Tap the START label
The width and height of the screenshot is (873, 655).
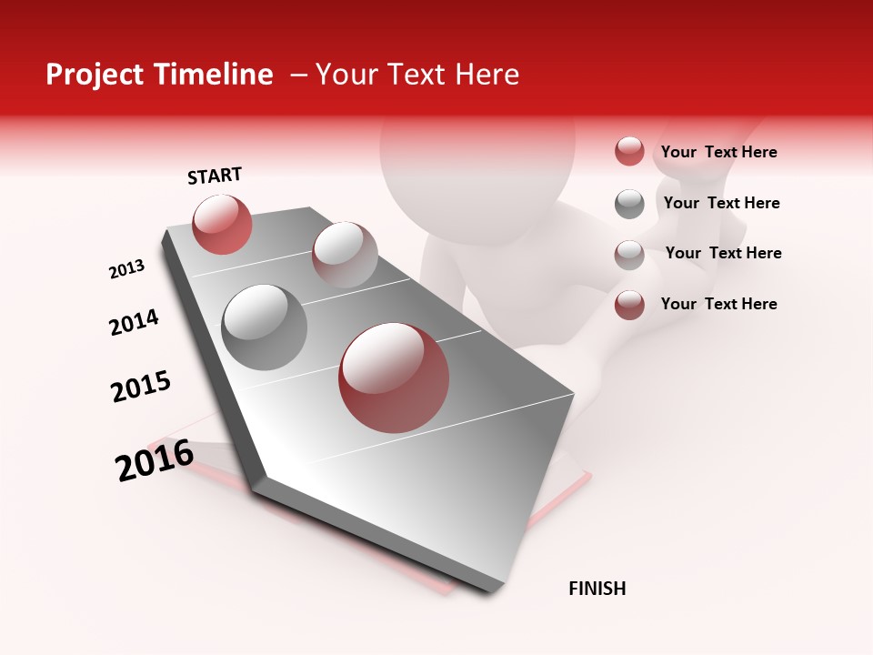(x=215, y=176)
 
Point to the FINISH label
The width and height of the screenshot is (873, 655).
(x=597, y=589)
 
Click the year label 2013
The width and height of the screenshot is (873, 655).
(x=127, y=269)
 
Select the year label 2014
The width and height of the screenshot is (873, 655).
(x=134, y=323)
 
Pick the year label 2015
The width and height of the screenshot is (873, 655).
(x=141, y=387)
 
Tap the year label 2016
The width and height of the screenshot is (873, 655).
(x=155, y=460)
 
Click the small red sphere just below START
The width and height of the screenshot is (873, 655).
(x=222, y=224)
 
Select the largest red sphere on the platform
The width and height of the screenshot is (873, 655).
(x=394, y=378)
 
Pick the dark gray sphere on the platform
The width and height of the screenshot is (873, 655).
(x=264, y=327)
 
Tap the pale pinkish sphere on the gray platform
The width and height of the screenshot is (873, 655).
(x=345, y=255)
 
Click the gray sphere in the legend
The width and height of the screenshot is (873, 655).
(x=629, y=204)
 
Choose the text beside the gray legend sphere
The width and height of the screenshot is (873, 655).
(x=721, y=203)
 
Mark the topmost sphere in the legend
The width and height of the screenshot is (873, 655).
(x=629, y=152)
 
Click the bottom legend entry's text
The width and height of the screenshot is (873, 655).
(x=718, y=304)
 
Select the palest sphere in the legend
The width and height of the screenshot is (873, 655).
(x=629, y=255)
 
